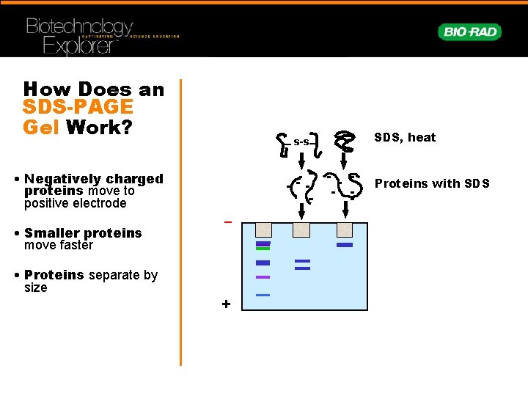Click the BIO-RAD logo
[x=470, y=32]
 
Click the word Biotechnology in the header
[x=80, y=28]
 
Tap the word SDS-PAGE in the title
[x=78, y=108]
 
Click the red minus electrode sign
[x=227, y=221]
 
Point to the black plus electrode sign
[x=226, y=304]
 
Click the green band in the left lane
[x=263, y=249]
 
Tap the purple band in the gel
[x=263, y=277]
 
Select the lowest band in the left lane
[x=263, y=296]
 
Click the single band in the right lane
[x=345, y=245]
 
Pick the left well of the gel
[x=262, y=230]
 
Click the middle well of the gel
[x=301, y=230]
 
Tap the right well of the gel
[x=344, y=230]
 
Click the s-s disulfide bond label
[x=301, y=142]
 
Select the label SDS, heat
[x=405, y=137]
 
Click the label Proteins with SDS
[x=432, y=183]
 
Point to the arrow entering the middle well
[x=301, y=211]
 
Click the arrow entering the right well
[x=344, y=211]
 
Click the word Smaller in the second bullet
[x=54, y=233]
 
